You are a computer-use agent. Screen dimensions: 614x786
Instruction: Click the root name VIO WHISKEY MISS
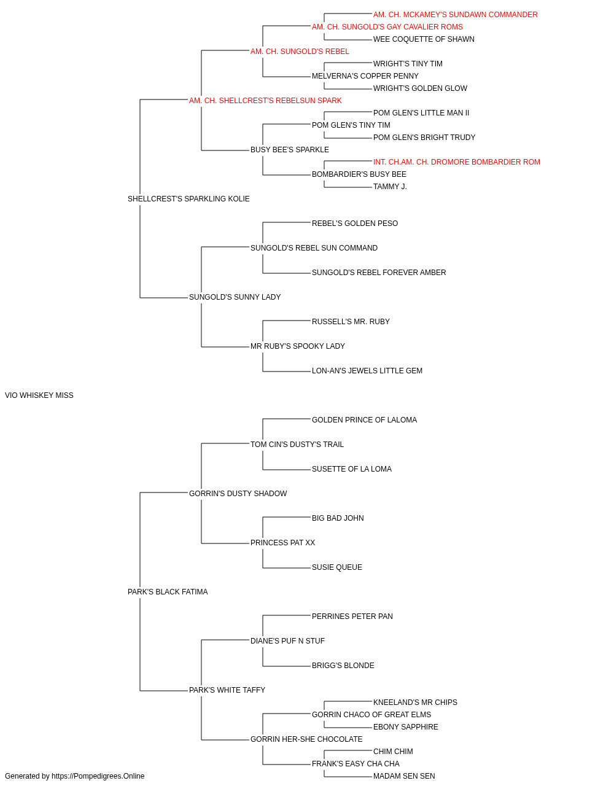pos(39,395)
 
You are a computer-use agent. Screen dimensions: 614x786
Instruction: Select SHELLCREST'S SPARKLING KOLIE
pos(188,199)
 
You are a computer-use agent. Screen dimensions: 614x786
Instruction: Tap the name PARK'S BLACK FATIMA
pos(168,592)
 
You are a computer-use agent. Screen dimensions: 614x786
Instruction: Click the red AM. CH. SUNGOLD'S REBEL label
pos(300,52)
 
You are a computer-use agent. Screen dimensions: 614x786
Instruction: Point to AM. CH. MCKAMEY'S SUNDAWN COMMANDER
pos(455,15)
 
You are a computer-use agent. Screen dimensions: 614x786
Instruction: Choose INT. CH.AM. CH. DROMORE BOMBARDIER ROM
pos(457,162)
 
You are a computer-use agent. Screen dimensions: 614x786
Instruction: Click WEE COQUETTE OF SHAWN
pos(424,39)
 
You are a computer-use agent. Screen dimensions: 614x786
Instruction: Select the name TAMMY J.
pos(390,187)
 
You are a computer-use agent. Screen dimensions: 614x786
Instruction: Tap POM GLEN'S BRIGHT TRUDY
pos(424,138)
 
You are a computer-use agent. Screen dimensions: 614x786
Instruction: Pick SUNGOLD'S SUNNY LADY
pos(235,297)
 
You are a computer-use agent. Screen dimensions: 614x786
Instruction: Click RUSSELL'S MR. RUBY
pos(351,322)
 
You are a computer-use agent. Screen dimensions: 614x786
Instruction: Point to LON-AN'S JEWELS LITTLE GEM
pos(367,371)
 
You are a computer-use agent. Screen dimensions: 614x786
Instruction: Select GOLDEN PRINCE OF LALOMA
pos(364,420)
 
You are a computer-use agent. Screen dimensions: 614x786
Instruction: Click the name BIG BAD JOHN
pos(338,518)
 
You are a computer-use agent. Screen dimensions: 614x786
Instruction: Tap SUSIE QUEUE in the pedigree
pos(336,567)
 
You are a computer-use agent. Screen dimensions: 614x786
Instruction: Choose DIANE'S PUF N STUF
pos(287,641)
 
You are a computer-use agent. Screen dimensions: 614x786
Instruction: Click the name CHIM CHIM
pos(393,752)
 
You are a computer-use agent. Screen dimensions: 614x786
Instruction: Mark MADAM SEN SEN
pos(404,776)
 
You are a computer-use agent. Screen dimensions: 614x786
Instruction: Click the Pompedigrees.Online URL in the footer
pos(98,776)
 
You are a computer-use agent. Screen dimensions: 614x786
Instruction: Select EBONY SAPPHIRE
pos(405,727)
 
